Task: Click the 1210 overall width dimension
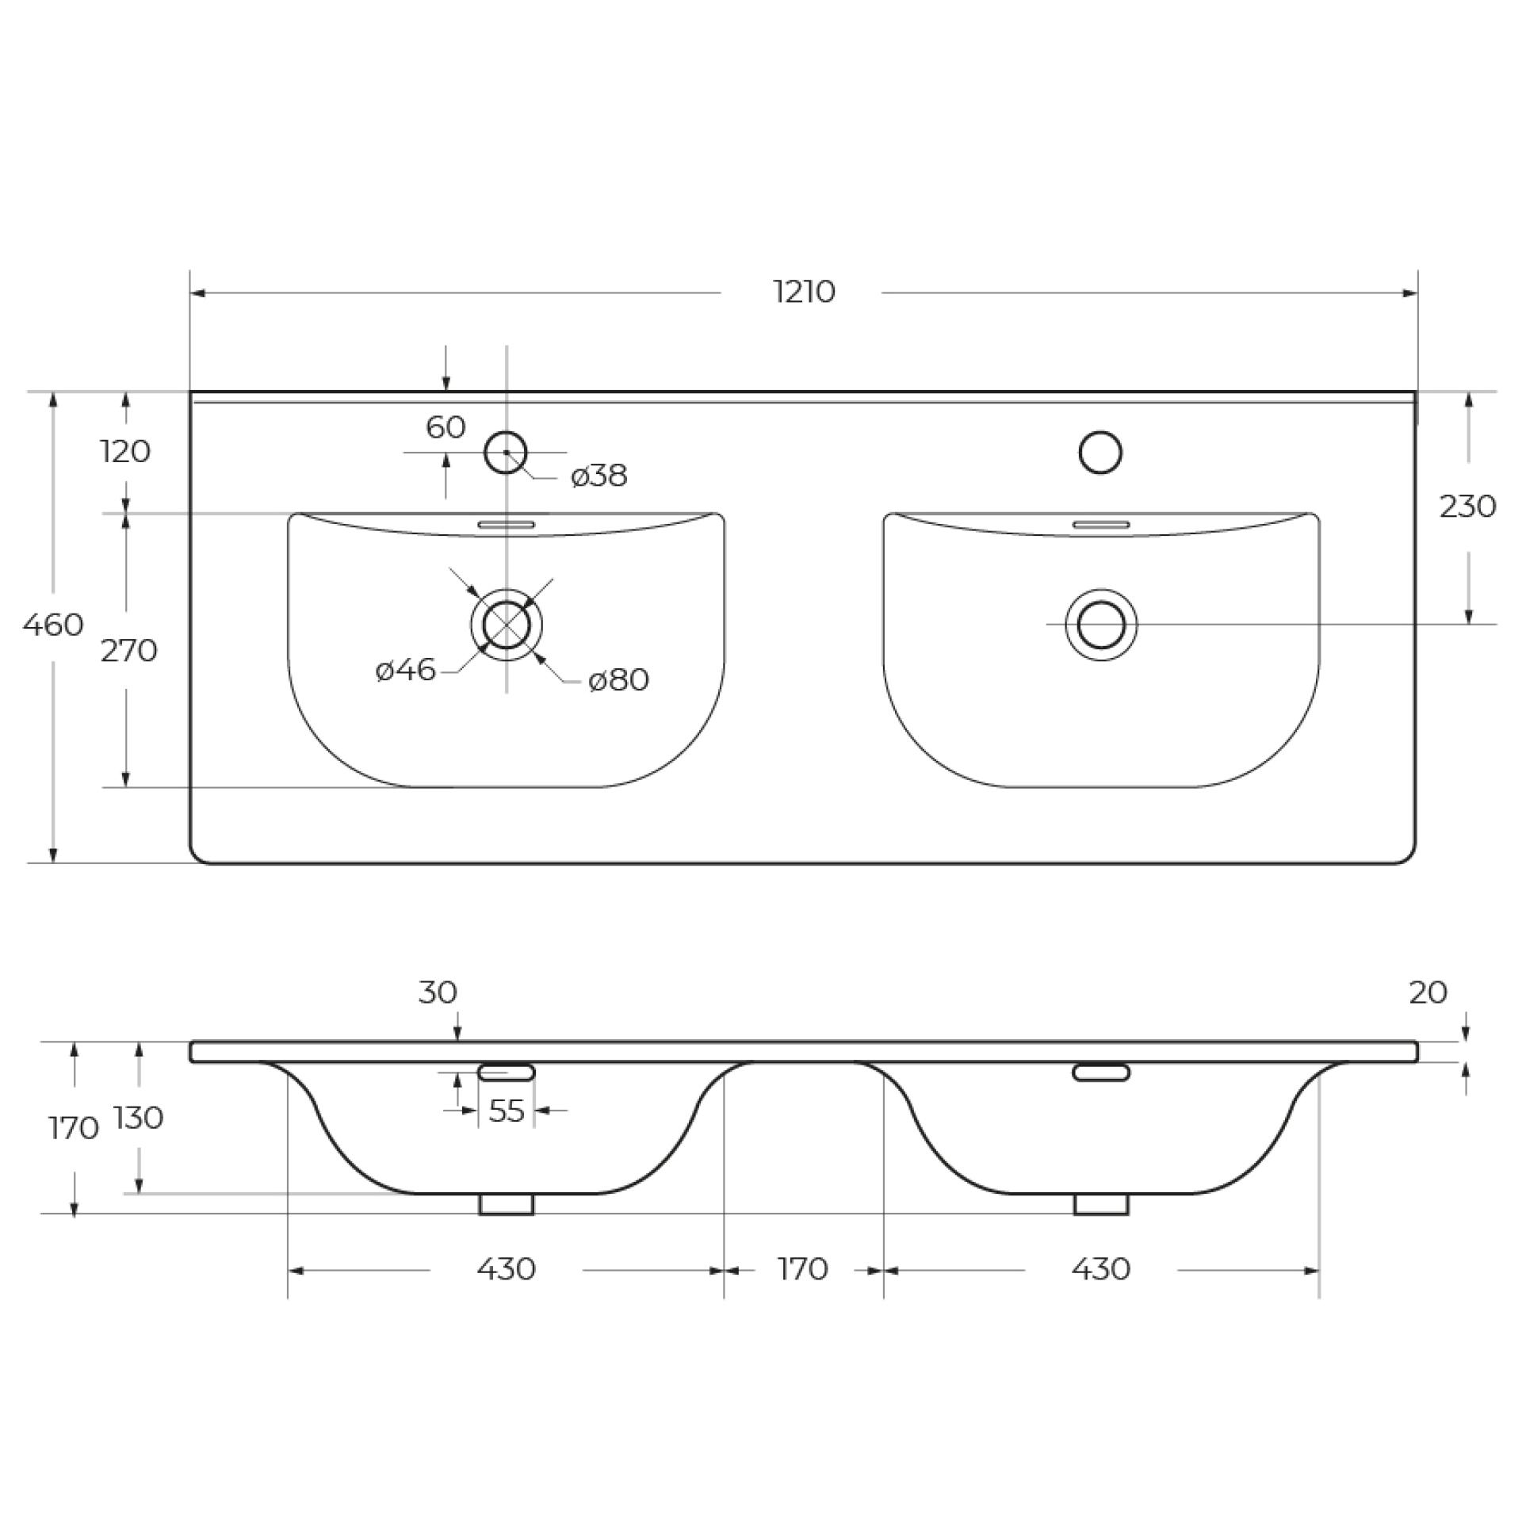(x=804, y=293)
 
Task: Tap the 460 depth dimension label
(x=53, y=625)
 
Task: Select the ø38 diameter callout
(x=599, y=476)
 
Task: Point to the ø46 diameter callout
(x=405, y=671)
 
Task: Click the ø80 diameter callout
(x=618, y=680)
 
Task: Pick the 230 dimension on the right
(x=1467, y=506)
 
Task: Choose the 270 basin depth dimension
(x=128, y=651)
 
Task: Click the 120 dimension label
(x=126, y=452)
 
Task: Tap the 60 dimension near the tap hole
(x=446, y=427)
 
